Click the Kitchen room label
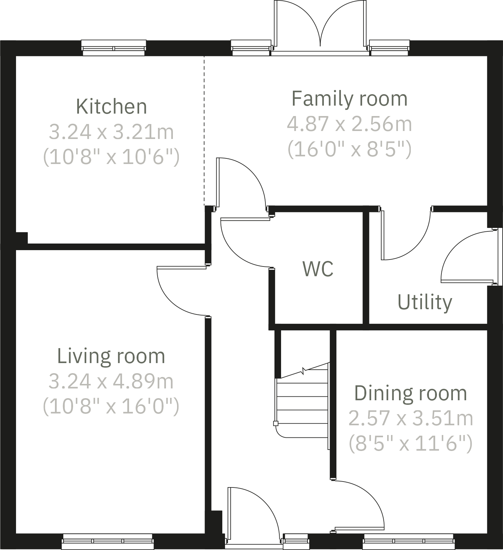[111, 107]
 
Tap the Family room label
[349, 99]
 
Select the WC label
[318, 269]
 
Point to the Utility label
[425, 302]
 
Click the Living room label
[111, 356]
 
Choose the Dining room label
[410, 393]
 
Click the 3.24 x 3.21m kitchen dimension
[111, 132]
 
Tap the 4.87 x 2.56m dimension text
[349, 124]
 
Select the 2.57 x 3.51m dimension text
[410, 418]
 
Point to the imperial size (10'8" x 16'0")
[111, 406]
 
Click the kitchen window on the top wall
[113, 48]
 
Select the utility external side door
[466, 257]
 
